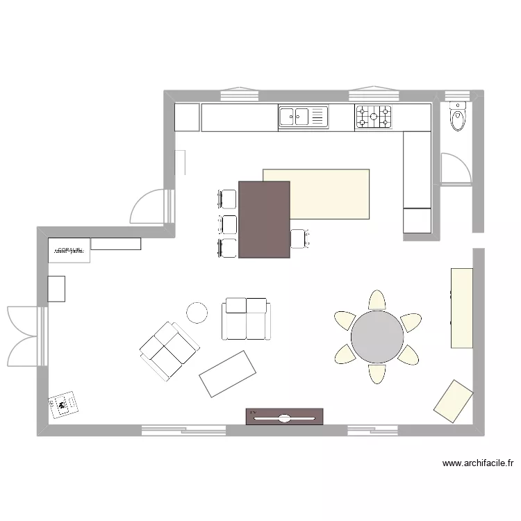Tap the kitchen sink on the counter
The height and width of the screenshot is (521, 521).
303,117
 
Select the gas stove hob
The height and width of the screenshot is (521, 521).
374,117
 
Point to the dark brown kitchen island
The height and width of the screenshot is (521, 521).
264,220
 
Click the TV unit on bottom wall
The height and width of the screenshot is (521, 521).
285,416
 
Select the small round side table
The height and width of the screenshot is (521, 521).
197,313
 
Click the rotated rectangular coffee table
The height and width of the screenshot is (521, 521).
225,373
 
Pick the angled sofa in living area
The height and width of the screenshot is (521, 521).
169,351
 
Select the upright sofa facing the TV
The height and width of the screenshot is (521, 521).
245,319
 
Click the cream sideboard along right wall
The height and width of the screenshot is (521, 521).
462,307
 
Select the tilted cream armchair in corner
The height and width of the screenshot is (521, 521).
454,402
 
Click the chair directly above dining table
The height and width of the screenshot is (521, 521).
377,300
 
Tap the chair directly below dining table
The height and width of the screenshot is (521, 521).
377,374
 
